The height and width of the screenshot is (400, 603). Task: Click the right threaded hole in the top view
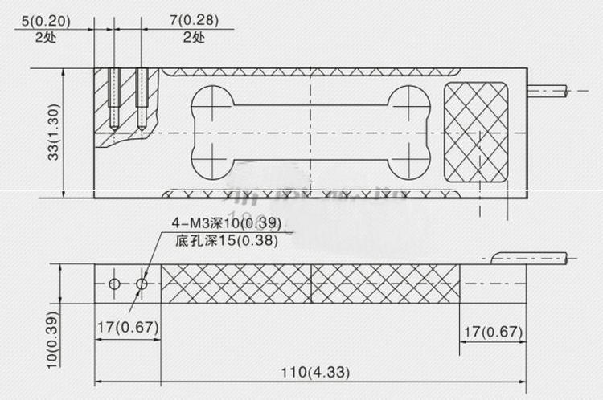(x=142, y=98)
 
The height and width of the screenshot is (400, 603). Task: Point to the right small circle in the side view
(x=142, y=284)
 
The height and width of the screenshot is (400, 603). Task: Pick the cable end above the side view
(x=531, y=258)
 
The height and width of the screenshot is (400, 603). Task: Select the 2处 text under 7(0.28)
(x=193, y=37)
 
